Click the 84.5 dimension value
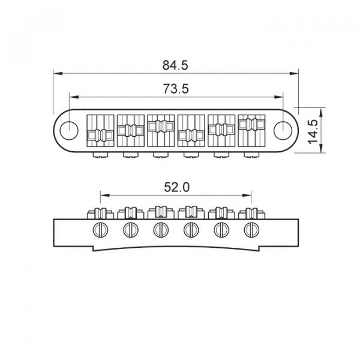176,64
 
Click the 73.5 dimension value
176,89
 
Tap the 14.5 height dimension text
311,129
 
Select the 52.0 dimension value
176,187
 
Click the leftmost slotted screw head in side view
100,229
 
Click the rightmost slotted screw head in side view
251,229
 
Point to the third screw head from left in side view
160,229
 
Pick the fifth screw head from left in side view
221,229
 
